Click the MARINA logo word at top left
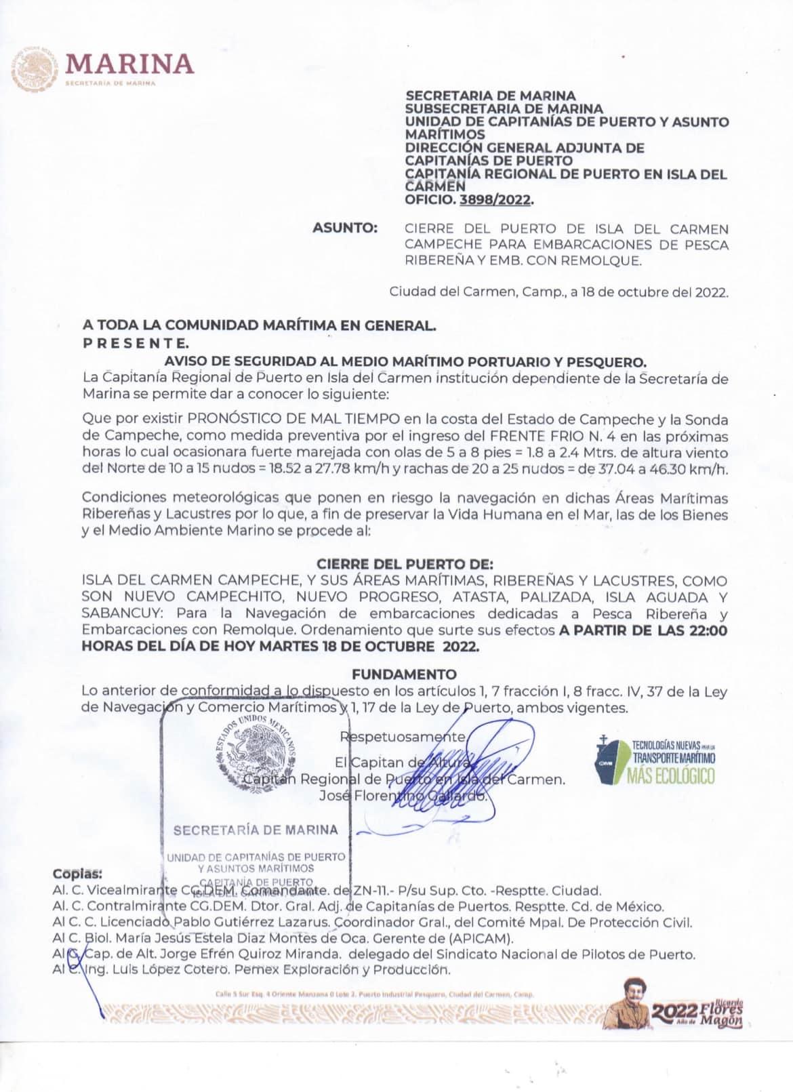click(129, 63)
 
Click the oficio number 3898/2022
click(495, 200)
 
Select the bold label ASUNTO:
click(345, 228)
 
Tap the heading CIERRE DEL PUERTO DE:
click(405, 564)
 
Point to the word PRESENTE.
click(136, 342)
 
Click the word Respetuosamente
click(403, 737)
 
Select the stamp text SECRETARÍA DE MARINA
click(256, 830)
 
